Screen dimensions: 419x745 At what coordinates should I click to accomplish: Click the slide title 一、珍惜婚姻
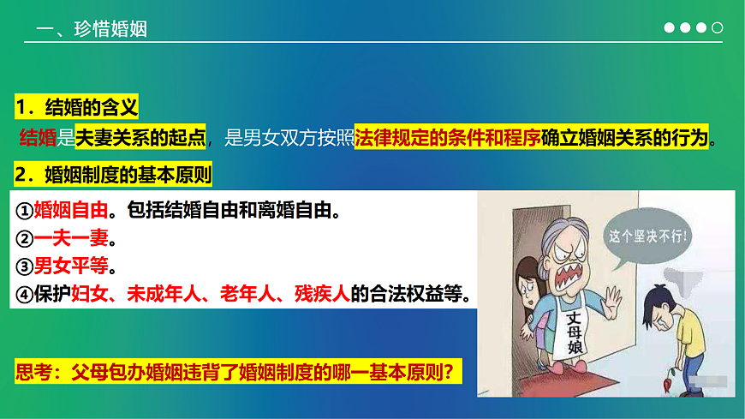pos(92,29)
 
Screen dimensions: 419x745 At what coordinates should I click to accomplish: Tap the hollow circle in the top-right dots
pos(718,28)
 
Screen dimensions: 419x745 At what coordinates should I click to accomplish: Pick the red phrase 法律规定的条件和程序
pos(447,137)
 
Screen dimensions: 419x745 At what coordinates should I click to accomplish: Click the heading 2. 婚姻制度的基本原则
pos(113,175)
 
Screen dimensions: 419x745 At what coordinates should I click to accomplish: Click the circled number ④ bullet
pos(24,294)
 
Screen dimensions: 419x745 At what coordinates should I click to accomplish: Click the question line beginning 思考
pos(239,373)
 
